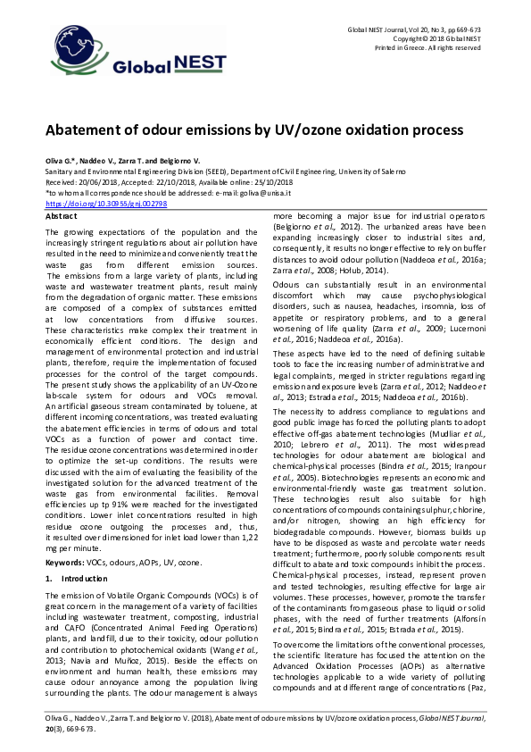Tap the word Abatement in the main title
tap(90, 130)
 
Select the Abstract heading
tap(61, 217)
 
